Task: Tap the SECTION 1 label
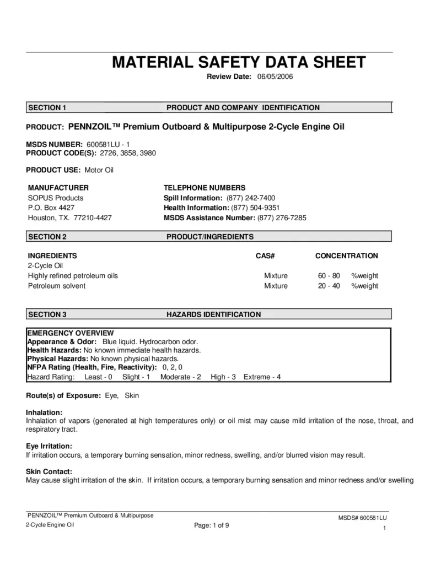tap(47, 107)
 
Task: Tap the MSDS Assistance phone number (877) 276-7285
tap(282, 218)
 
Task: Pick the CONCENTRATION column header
tap(346, 256)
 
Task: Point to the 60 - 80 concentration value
tap(329, 275)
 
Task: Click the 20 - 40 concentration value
tap(329, 286)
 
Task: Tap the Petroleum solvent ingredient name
tap(57, 286)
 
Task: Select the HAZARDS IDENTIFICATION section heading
tap(214, 314)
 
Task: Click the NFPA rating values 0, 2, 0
tap(172, 367)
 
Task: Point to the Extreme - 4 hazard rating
tap(263, 377)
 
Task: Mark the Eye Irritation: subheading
tap(50, 446)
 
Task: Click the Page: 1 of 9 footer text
tap(212, 525)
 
